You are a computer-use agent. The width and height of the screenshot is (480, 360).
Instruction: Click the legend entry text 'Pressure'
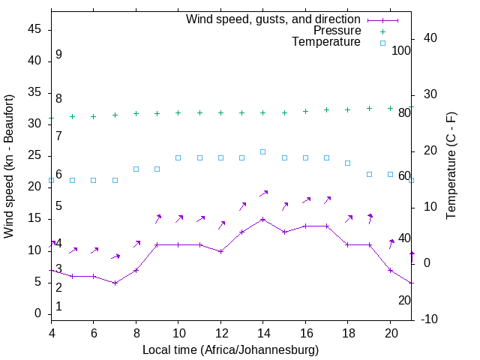pyautogui.click(x=337, y=31)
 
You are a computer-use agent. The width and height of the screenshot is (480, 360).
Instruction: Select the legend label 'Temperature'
pyautogui.click(x=326, y=43)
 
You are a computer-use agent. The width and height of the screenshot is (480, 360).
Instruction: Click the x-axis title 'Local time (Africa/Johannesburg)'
pyautogui.click(x=230, y=349)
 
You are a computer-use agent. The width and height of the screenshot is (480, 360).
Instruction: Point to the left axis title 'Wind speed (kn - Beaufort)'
pyautogui.click(x=9, y=166)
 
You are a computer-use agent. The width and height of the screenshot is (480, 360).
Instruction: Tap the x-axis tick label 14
pyautogui.click(x=262, y=331)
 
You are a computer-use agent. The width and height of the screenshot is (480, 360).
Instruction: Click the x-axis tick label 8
pyautogui.click(x=136, y=331)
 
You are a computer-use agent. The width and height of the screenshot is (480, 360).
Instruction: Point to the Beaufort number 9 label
pyautogui.click(x=58, y=55)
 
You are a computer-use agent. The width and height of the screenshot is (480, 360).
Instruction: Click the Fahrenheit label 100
pyautogui.click(x=401, y=50)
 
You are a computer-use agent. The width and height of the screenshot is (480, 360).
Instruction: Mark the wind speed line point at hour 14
pyautogui.click(x=262, y=219)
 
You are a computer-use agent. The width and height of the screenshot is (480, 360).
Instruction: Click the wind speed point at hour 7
pyautogui.click(x=115, y=283)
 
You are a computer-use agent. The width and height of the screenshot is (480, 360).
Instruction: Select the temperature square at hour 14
pyautogui.click(x=262, y=151)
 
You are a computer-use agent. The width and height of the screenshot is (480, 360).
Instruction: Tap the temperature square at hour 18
pyautogui.click(x=347, y=163)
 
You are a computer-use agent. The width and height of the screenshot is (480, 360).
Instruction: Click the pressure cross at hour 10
pyautogui.click(x=178, y=112)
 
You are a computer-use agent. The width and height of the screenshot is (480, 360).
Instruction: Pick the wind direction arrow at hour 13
pyautogui.click(x=242, y=205)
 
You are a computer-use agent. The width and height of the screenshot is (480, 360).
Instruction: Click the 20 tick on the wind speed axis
pyautogui.click(x=34, y=187)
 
